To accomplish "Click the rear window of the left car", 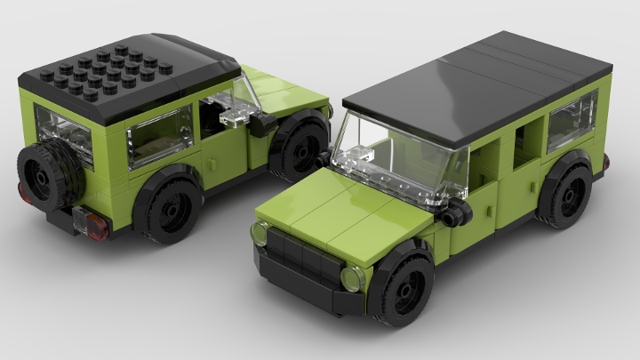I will coord(64,133).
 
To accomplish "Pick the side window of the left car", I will coord(160,135).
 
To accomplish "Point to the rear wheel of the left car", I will coord(170,208).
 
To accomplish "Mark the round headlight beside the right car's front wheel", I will coord(353,279).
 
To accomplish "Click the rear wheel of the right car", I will coord(567,196).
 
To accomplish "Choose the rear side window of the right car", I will coord(572,123).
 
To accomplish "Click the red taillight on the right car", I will coord(606,162).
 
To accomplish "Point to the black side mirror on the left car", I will coord(260,124).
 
